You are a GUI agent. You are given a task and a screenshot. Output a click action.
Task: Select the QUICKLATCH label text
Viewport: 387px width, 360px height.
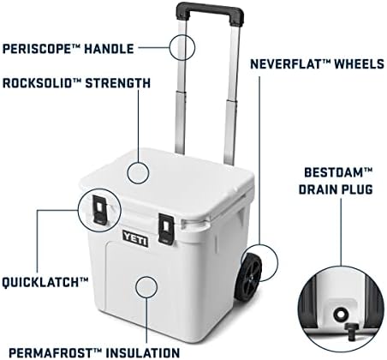[45, 280]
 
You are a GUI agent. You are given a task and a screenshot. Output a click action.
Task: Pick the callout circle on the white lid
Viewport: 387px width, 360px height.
[141, 170]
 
